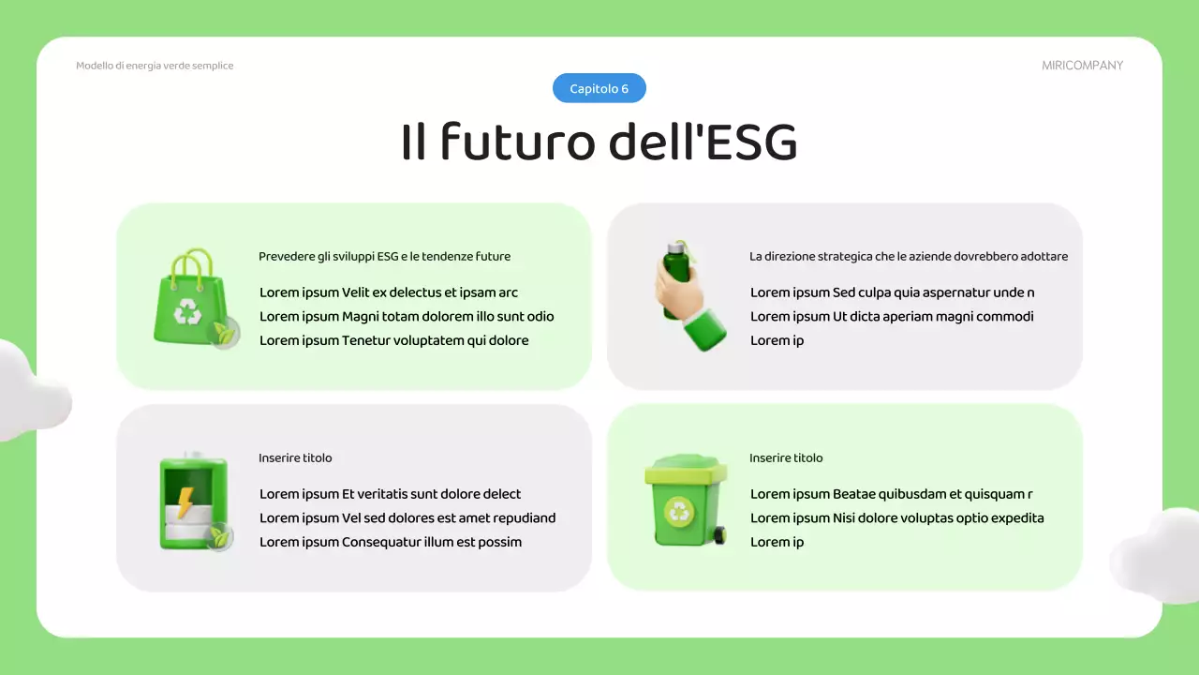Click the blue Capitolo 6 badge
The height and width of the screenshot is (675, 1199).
[x=599, y=88]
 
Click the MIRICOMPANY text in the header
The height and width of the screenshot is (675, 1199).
[x=1082, y=66]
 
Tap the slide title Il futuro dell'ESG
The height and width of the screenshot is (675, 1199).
[x=599, y=142]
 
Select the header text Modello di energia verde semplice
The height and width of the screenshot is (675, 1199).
[x=155, y=66]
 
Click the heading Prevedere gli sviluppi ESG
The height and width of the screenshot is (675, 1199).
[x=384, y=256]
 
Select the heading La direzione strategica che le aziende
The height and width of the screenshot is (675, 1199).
[x=908, y=256]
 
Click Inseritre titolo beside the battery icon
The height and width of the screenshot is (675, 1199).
[x=295, y=457]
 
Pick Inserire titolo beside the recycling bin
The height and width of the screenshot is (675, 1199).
[x=786, y=457]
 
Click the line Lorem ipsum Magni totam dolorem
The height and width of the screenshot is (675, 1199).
[x=407, y=316]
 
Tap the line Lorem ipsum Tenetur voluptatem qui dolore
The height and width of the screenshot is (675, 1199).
[x=393, y=340]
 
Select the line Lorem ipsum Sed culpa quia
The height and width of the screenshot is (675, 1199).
[x=892, y=292]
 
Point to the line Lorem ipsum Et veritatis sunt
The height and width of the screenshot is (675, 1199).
[x=390, y=494]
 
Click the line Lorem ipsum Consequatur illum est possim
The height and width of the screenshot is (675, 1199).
[x=391, y=542]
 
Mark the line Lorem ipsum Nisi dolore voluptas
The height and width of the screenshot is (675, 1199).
[x=896, y=517]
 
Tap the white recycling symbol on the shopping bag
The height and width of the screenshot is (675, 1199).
[x=188, y=311]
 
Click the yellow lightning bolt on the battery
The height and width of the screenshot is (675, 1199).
[x=185, y=502]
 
